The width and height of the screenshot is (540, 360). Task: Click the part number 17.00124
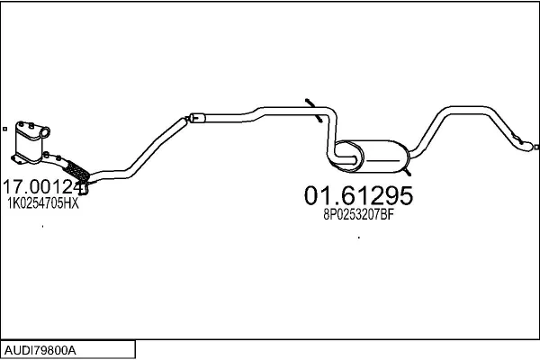point(44,187)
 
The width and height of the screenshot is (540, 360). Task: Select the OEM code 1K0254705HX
point(43,203)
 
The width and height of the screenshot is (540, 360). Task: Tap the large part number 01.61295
point(358,195)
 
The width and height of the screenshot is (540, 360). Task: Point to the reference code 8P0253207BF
point(358,215)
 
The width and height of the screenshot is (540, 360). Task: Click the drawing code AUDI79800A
point(40,351)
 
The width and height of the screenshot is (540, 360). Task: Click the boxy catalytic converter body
point(29,143)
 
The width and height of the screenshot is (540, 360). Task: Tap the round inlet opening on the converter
point(45,132)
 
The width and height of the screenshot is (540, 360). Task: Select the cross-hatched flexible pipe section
point(77,171)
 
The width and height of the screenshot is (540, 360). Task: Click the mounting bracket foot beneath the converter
point(17,160)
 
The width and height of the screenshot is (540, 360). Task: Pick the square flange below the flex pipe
point(84,189)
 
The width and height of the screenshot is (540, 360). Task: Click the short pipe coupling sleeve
point(198,118)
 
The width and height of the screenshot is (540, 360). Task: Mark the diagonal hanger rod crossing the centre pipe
point(314,110)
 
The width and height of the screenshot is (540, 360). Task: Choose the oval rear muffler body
point(373,157)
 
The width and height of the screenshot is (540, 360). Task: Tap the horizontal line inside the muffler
point(382,160)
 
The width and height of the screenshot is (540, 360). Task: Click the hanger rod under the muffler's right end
point(407,172)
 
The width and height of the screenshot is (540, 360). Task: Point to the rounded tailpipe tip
point(527,146)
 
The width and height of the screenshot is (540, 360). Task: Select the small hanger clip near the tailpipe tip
point(517,138)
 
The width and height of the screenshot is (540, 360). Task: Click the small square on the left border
point(4,129)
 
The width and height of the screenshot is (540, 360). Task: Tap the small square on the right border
point(536,147)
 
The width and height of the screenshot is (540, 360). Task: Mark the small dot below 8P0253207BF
point(359,238)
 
